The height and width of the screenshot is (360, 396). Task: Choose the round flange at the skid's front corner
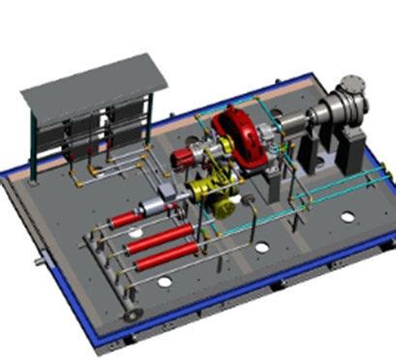pos(128,314)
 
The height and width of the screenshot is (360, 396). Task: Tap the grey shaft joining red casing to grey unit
pos(290,121)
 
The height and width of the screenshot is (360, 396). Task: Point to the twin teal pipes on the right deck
pos(320,194)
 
